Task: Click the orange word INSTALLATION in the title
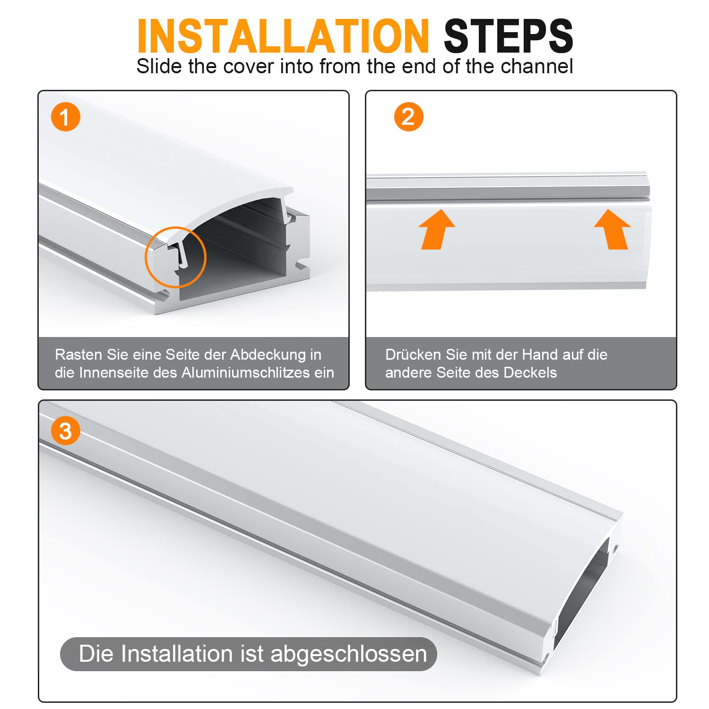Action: [283, 36]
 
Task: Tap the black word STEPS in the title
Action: [509, 36]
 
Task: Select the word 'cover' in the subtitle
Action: [249, 67]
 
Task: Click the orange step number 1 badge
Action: [66, 117]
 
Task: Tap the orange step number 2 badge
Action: [408, 117]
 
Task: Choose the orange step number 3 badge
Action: [66, 431]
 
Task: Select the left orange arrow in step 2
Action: [437, 229]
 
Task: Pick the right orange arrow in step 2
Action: [613, 229]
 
